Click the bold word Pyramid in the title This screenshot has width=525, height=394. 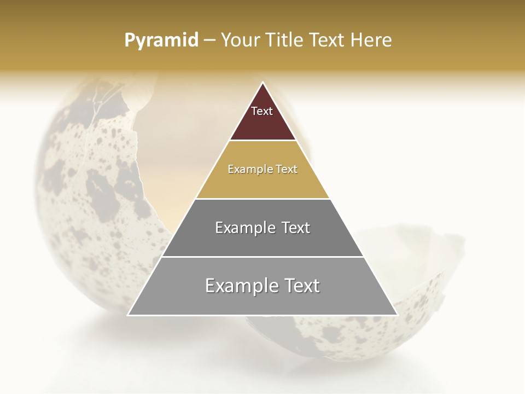click(x=161, y=40)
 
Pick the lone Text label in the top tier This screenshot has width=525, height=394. click(x=262, y=111)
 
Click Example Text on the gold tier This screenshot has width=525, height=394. click(x=262, y=169)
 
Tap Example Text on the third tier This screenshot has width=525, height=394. click(x=262, y=228)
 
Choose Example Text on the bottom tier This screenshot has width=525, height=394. click(x=262, y=286)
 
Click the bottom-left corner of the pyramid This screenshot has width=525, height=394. click(x=129, y=315)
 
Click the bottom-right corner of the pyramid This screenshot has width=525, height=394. click(x=396, y=315)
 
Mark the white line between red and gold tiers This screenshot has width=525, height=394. click(x=262, y=141)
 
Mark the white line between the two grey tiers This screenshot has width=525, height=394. click(x=262, y=257)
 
